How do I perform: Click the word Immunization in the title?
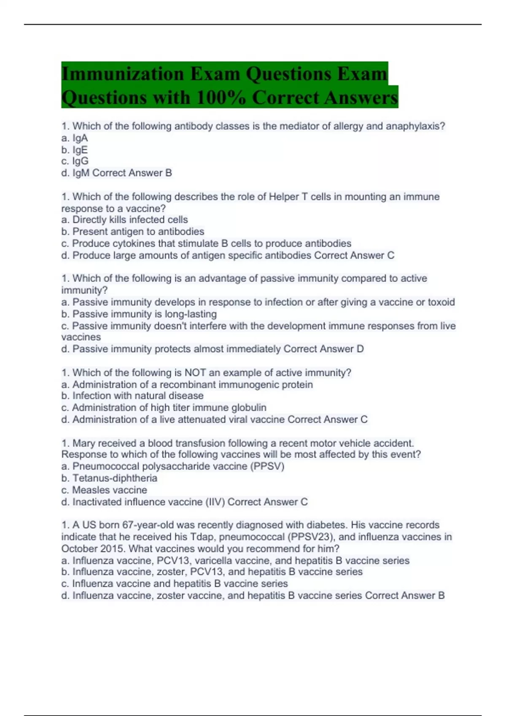point(122,74)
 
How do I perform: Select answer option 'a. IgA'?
point(75,138)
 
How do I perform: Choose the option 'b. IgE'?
point(75,150)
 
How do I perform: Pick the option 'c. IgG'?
point(75,161)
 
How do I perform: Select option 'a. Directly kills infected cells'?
point(124,220)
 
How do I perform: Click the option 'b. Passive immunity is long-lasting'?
point(139,314)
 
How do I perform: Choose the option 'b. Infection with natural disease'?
point(132,396)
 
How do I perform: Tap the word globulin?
point(248,408)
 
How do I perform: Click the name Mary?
point(84,443)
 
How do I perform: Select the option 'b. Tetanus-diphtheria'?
point(109,478)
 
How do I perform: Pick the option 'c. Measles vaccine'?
point(104,490)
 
